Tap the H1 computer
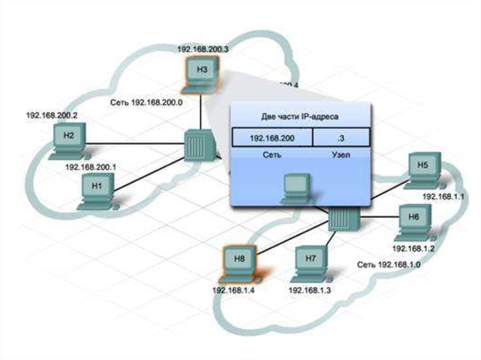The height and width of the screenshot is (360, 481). click(98, 190)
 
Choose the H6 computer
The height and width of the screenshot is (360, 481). click(414, 222)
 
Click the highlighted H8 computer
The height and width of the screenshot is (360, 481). click(238, 263)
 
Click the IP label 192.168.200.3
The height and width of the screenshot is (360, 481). click(202, 48)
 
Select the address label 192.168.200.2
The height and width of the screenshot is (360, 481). click(52, 115)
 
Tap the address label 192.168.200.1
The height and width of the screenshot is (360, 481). click(90, 167)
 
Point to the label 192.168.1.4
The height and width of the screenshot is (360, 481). click(233, 290)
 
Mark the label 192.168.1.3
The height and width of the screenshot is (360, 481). click(310, 290)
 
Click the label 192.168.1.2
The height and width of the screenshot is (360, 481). click(413, 248)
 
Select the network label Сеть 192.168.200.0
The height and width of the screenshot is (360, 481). click(146, 101)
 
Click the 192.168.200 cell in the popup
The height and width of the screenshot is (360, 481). click(272, 138)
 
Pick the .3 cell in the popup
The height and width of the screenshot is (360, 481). click(341, 138)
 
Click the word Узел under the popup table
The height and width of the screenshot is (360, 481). click(341, 155)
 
